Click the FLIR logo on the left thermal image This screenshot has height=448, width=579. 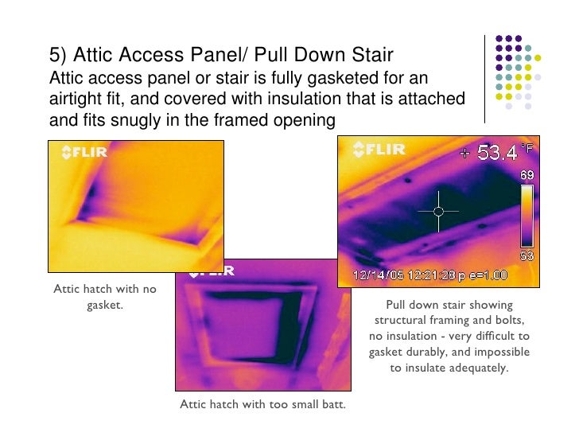[x=84, y=153]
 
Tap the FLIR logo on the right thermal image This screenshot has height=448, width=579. [x=379, y=149]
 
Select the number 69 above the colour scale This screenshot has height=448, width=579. [x=527, y=174]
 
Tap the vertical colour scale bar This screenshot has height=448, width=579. [x=527, y=215]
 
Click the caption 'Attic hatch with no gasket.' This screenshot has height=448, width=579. [x=104, y=296]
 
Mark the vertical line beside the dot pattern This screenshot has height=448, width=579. [x=485, y=77]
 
